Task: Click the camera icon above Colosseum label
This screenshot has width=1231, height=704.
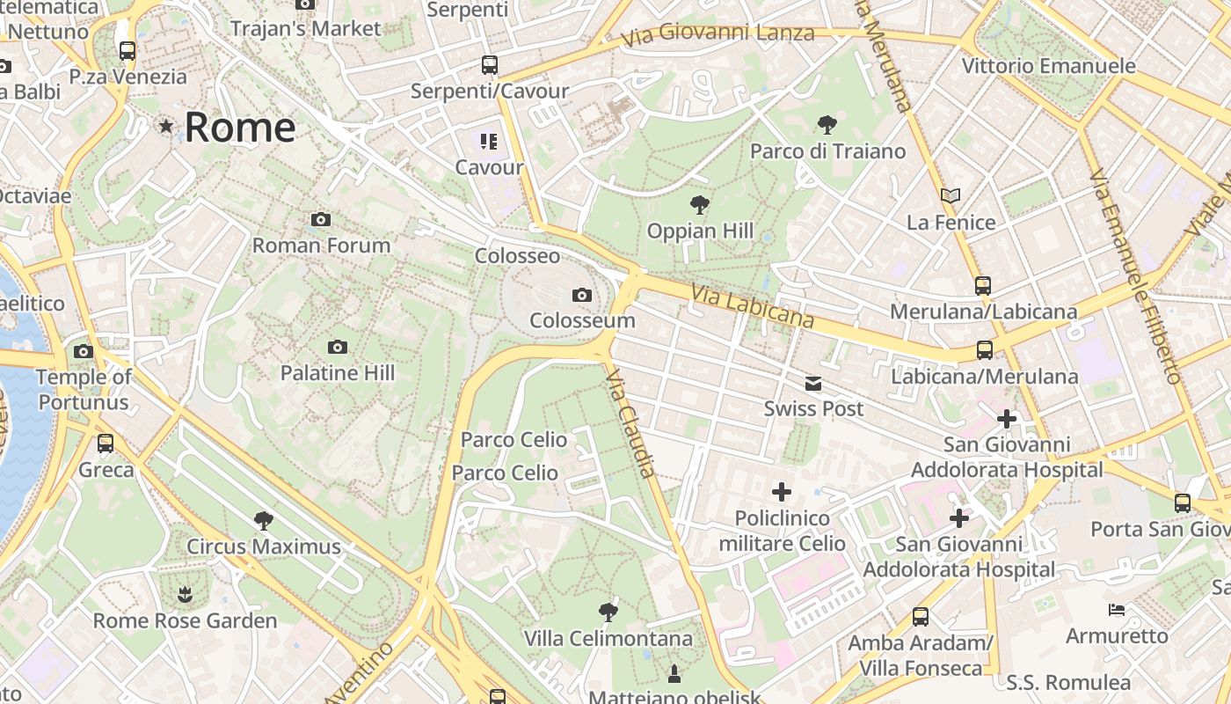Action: tap(581, 296)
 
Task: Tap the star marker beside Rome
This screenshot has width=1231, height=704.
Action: tap(166, 126)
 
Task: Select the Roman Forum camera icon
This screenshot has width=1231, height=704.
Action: tap(321, 220)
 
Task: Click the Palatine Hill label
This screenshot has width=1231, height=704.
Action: tap(338, 373)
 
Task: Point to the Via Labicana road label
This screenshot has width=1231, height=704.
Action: tap(752, 305)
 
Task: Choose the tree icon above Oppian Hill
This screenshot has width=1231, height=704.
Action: tap(700, 206)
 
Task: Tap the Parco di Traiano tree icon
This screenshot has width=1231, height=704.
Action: tap(827, 125)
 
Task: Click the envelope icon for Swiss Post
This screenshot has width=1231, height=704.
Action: tap(813, 384)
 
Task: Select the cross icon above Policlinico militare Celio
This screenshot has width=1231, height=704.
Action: tap(781, 492)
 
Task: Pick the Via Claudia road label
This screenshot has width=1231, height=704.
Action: tap(631, 422)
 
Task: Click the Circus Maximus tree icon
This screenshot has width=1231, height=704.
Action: tap(263, 521)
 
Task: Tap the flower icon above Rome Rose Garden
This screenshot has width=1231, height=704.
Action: tap(185, 595)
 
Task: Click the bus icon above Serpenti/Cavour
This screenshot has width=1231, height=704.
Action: tap(489, 65)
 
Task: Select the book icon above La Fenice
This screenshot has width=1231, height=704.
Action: tap(951, 195)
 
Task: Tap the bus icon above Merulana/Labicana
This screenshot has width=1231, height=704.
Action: tap(983, 286)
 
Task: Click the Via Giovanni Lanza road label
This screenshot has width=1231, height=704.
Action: tap(717, 35)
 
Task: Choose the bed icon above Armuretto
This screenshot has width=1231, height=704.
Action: tap(1116, 609)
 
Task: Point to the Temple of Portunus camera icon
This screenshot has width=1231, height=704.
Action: tap(84, 352)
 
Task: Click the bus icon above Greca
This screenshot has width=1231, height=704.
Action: tap(106, 444)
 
